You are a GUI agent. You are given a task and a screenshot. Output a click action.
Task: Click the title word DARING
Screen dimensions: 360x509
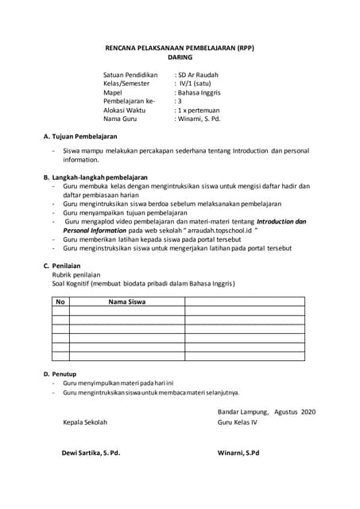[x=180, y=58]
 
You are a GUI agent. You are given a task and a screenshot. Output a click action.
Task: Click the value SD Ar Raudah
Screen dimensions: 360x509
[x=198, y=75]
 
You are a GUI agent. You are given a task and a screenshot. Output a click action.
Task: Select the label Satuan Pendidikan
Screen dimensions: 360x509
[x=130, y=75]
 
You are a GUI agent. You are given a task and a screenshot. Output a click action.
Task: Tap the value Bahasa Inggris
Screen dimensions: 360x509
[x=199, y=92]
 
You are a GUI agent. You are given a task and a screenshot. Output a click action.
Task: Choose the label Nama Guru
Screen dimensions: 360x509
[x=121, y=119]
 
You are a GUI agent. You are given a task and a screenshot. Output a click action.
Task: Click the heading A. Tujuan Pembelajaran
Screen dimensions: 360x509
[x=79, y=138]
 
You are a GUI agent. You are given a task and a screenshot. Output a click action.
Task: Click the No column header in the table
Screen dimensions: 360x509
[x=60, y=302]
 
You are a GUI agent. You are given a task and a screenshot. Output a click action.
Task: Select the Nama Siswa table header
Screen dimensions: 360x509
[x=127, y=302]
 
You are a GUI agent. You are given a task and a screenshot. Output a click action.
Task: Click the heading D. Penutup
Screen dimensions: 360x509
[x=63, y=373]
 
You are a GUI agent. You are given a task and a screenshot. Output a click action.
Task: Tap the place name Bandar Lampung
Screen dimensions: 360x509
[x=242, y=411]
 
